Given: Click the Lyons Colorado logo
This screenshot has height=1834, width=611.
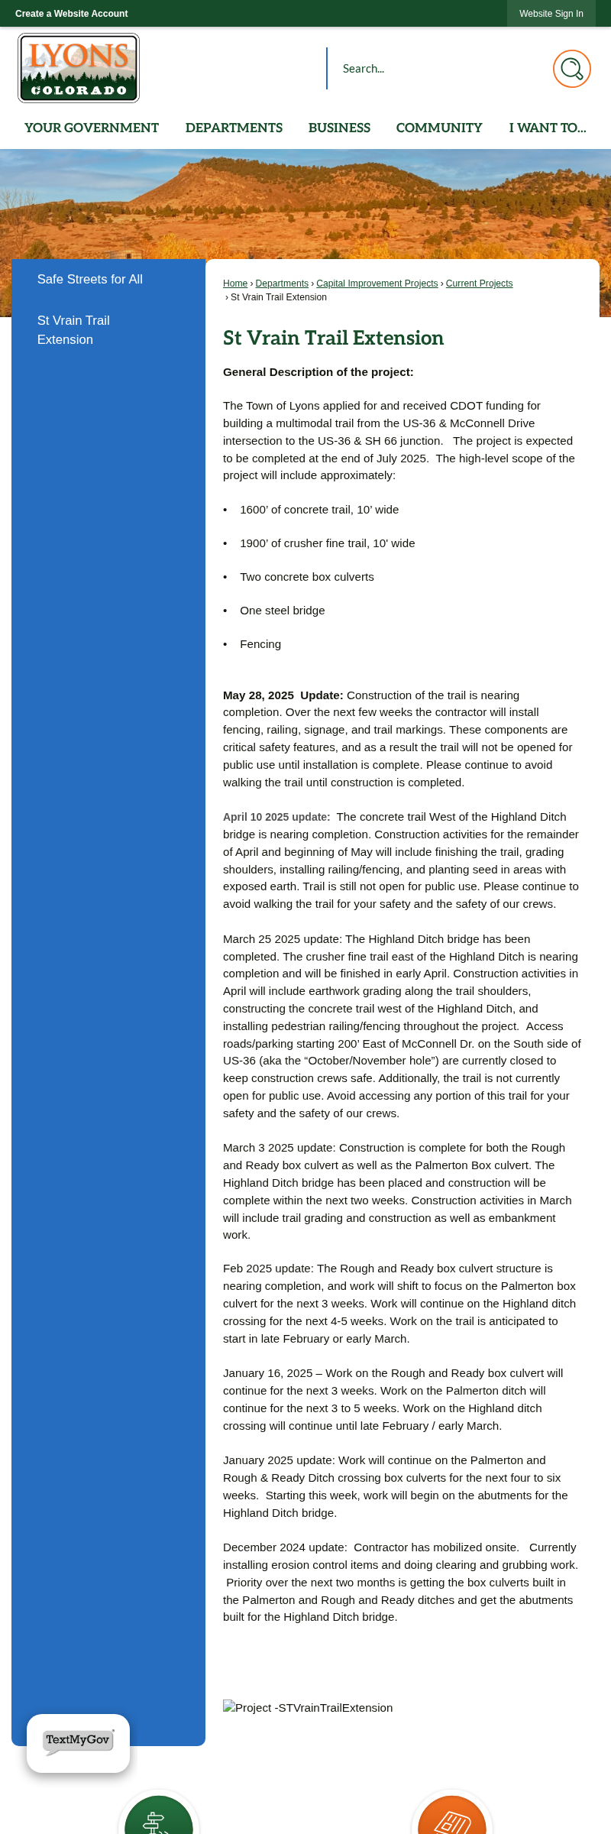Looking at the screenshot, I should (x=79, y=68).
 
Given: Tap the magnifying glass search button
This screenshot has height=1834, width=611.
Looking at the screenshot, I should (x=571, y=69).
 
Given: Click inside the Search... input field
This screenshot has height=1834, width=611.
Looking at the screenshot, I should (x=435, y=69).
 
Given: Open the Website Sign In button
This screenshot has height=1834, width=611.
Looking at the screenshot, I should (x=551, y=14).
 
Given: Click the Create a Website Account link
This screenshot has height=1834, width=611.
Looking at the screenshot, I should (x=72, y=14).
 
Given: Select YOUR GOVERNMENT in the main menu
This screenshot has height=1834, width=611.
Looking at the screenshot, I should (x=92, y=128).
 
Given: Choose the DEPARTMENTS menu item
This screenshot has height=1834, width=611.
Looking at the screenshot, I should (x=234, y=128).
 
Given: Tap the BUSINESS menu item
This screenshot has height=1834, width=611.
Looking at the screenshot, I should (x=339, y=128).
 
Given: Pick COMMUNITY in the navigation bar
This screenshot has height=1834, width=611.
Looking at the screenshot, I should (x=439, y=128).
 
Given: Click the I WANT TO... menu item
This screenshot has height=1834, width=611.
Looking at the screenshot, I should (x=548, y=128).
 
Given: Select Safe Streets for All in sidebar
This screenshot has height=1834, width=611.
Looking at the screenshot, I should (x=90, y=280).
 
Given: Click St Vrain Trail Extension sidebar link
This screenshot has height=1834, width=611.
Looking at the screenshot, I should (x=73, y=330).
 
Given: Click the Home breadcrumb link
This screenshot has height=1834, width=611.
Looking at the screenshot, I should (x=235, y=284).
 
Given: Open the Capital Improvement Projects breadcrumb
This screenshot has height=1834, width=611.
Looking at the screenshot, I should (x=377, y=284).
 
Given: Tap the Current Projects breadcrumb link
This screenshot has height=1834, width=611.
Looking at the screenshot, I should (x=479, y=284).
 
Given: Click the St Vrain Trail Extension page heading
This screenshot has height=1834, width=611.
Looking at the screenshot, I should (x=333, y=338).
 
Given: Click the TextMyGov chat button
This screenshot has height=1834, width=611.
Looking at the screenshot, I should (x=78, y=1742).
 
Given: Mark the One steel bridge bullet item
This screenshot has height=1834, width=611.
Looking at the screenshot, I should (x=283, y=611).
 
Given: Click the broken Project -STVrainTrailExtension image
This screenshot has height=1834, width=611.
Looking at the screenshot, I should (x=308, y=1708).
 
